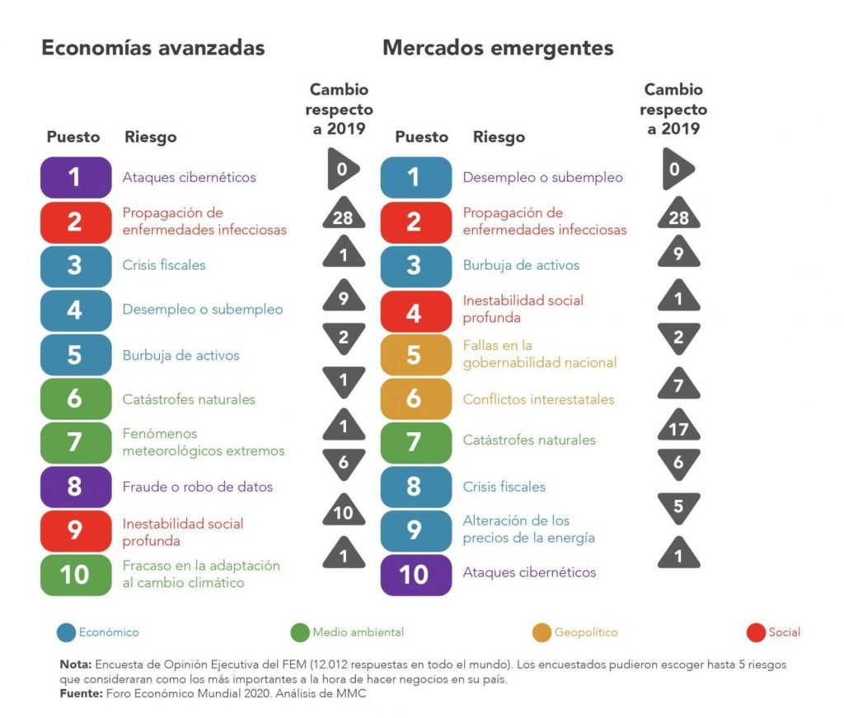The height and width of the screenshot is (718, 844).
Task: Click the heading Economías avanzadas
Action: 153,48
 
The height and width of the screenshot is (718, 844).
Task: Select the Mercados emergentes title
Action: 498,48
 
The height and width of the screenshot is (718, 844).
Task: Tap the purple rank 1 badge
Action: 76,177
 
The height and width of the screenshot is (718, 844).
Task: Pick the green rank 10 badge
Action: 76,575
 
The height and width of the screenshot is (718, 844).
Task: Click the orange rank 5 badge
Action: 415,354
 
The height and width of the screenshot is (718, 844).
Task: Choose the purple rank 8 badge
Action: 76,487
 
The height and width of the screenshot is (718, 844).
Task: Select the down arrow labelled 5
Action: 678,506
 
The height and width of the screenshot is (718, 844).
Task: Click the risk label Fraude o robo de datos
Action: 198,487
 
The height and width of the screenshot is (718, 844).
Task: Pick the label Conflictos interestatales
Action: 538,399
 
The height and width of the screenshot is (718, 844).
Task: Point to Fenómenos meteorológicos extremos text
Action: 204,442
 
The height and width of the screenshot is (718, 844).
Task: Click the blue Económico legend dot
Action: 67,632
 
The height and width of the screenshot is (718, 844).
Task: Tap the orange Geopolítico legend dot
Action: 542,632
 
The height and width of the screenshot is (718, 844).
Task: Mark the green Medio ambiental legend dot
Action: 300,632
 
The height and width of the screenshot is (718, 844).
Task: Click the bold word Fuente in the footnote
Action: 81,693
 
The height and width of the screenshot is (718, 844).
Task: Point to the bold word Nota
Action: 75,664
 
